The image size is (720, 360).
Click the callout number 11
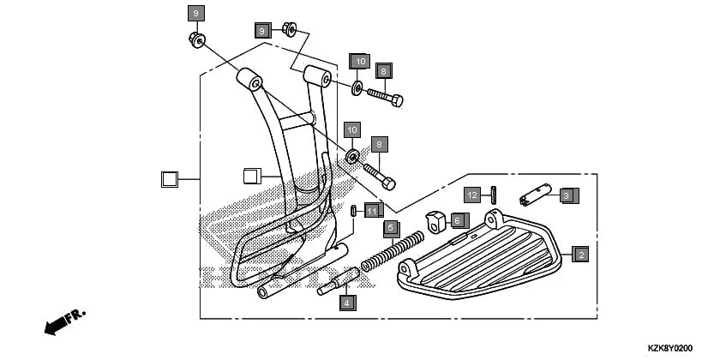pos(370,210)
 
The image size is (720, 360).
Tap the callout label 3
pos(566,195)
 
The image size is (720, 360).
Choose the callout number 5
pos(391,228)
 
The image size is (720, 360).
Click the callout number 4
pos(346,303)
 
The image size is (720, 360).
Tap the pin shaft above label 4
pos(339,282)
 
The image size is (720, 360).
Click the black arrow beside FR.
pos(55,325)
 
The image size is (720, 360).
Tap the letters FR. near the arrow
pos(76,315)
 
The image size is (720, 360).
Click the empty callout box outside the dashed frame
pos(169,179)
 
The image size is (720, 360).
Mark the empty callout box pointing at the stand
pos(251,177)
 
